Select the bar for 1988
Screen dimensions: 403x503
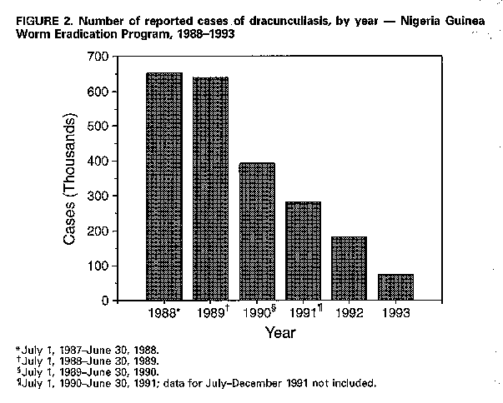pyautogui.click(x=163, y=187)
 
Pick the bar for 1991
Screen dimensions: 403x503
pyautogui.click(x=303, y=251)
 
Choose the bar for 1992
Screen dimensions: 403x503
pyautogui.click(x=349, y=268)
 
